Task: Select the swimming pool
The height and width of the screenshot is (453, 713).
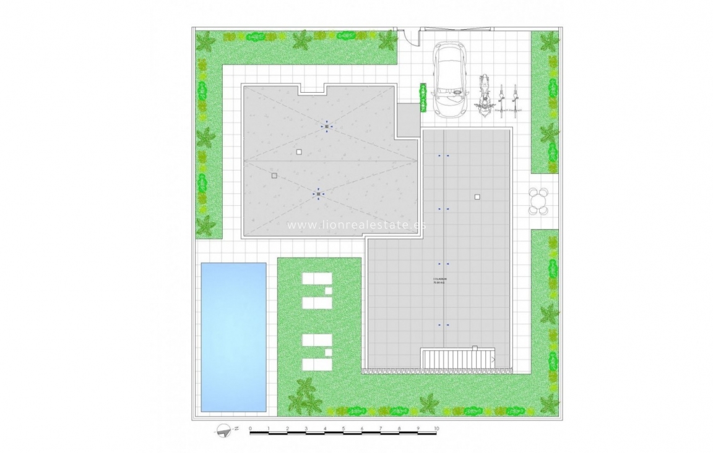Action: click(x=234, y=337)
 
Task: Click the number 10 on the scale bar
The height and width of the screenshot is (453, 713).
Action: click(x=436, y=428)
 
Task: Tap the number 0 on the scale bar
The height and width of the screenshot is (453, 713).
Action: click(x=250, y=428)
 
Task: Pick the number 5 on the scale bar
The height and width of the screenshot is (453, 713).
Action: click(x=344, y=428)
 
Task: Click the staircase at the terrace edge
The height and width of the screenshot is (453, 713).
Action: click(x=457, y=359)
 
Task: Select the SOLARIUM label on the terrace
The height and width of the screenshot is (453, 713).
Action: click(x=440, y=281)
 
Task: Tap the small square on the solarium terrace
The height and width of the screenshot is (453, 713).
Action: click(x=477, y=197)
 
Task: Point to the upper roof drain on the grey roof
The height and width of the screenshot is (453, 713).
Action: click(x=327, y=127)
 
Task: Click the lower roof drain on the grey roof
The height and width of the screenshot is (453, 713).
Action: click(x=318, y=194)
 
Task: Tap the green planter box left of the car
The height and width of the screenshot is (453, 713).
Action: click(x=424, y=98)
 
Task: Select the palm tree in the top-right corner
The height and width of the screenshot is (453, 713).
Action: click(x=549, y=41)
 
